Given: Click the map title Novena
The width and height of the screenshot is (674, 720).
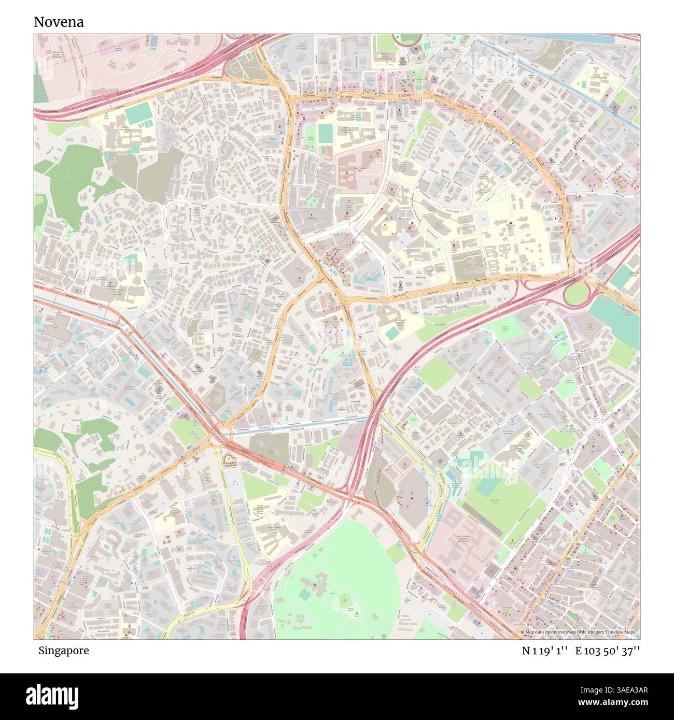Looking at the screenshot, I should [59, 22].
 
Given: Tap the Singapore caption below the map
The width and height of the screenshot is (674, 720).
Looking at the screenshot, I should [63, 651].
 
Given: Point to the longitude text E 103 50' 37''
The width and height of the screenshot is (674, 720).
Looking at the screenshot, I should [610, 651].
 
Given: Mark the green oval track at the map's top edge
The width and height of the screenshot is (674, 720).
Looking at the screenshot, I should [409, 38].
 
